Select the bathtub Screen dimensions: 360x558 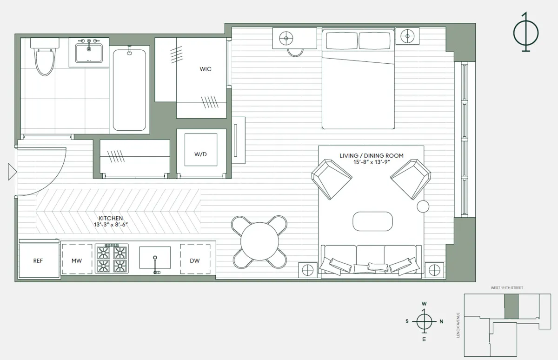[129, 90]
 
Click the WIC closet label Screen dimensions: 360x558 [205, 69]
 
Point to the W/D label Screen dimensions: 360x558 [200, 154]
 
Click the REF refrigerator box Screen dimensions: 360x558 [38, 261]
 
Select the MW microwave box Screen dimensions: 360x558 [76, 261]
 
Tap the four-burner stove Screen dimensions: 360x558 [111, 259]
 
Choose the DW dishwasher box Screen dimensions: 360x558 [195, 261]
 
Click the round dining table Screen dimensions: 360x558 [259, 241]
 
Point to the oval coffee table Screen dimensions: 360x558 [372, 221]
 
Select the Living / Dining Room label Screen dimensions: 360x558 [371, 156]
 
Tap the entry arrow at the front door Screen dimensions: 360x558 [12, 172]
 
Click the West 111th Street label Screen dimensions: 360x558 [507, 288]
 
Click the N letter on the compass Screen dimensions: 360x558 [441, 321]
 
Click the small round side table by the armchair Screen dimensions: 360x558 [423, 207]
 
